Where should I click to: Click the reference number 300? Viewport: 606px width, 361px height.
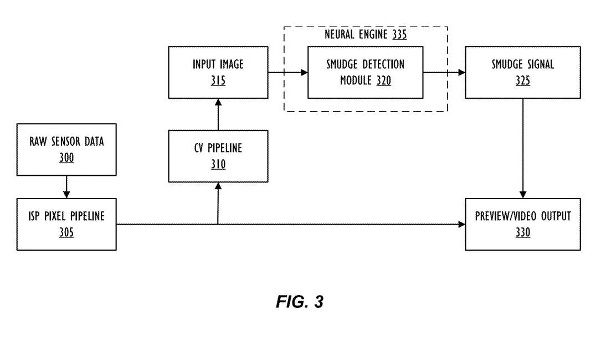point(66,157)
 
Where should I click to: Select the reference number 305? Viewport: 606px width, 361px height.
point(66,232)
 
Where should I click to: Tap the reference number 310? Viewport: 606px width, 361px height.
point(218,164)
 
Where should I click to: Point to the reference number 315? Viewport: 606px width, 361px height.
point(218,80)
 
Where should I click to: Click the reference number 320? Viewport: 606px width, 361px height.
point(384,80)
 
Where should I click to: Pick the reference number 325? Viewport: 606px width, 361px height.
point(523,80)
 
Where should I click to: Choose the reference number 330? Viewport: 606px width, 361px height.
point(523,232)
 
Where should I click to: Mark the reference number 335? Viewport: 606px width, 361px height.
point(399,34)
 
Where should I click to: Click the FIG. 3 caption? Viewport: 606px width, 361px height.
point(300,302)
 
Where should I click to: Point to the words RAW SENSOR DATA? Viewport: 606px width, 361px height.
point(66,141)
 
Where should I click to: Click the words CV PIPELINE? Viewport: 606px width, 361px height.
point(218,148)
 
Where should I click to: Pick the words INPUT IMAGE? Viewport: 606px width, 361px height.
point(218,64)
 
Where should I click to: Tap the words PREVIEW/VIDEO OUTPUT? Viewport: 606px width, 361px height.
point(523,216)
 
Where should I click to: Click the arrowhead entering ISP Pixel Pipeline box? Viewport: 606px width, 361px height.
point(66,195)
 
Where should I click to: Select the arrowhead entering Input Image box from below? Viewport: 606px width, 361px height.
point(218,103)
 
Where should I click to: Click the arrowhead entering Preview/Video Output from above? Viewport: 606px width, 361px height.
point(523,195)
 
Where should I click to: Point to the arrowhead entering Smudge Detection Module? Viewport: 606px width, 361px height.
point(304,72)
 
